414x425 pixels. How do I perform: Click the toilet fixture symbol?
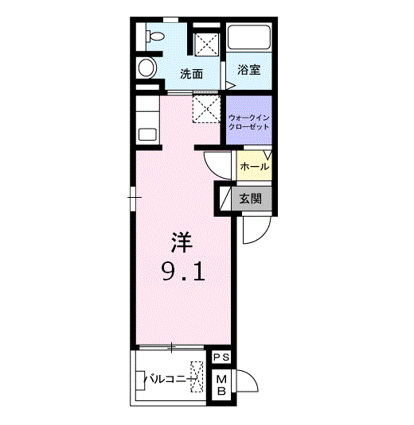[x=153, y=36]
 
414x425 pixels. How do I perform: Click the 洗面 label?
[x=190, y=75]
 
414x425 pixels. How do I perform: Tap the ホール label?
[x=254, y=167]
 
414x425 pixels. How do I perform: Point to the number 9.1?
[x=184, y=272]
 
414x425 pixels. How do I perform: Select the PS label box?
[x=221, y=357]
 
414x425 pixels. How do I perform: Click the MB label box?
[x=222, y=385]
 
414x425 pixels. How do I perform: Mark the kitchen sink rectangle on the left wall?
[x=148, y=133]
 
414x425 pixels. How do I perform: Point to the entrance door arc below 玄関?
[x=256, y=229]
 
